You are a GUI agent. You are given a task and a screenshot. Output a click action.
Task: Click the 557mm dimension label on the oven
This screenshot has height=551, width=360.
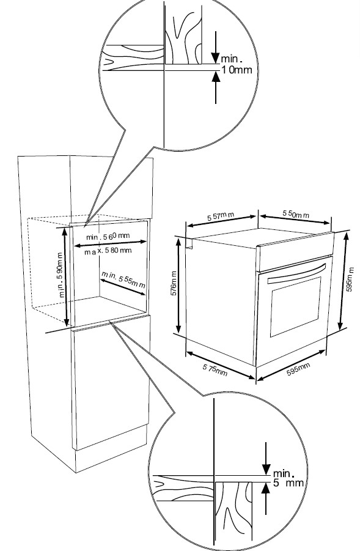click(221, 216)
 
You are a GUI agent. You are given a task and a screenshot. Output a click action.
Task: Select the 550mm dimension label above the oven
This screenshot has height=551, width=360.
click(296, 213)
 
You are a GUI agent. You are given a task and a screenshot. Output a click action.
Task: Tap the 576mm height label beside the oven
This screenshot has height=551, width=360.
click(174, 284)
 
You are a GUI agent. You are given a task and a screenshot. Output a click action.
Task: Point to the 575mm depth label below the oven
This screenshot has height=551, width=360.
click(215, 369)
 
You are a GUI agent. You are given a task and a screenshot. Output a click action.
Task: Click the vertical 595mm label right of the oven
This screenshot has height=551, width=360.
click(350, 279)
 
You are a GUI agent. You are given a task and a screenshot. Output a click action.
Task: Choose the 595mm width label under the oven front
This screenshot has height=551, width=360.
click(298, 369)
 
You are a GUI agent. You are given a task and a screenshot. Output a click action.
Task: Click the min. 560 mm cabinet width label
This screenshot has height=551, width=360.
click(108, 236)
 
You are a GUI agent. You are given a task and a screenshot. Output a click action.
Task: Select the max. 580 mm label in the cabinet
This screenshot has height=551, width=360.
click(108, 251)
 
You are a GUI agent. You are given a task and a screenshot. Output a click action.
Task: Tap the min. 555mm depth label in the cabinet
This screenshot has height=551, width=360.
click(123, 279)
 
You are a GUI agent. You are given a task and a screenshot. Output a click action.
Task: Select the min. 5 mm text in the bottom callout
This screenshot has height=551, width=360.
click(288, 478)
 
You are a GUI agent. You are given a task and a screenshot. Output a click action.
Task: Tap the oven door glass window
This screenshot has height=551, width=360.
click(295, 307)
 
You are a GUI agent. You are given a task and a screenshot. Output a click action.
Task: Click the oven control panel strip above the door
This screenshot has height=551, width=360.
click(295, 251)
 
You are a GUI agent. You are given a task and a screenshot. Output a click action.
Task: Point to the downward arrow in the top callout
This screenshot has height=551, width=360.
click(215, 48)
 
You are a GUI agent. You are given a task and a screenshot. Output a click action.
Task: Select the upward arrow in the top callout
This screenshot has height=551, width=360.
click(216, 87)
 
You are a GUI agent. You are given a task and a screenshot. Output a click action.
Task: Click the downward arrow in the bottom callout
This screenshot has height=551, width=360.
click(266, 458)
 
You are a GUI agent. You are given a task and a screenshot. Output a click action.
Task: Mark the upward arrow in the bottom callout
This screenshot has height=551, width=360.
click(266, 498)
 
